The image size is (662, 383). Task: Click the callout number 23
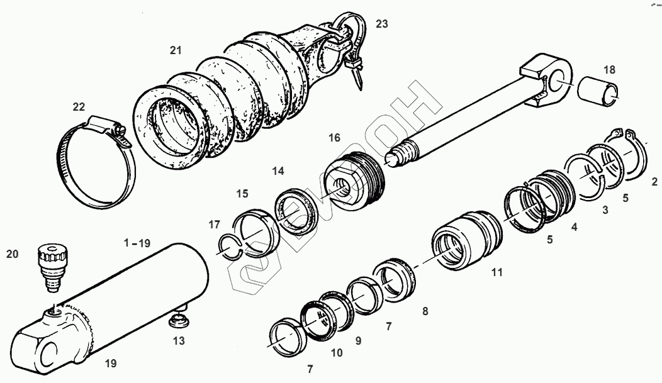tap(382, 24)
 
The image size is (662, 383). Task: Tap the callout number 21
tap(175, 48)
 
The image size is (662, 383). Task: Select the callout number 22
tap(78, 106)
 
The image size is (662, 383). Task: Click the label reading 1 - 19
tap(137, 242)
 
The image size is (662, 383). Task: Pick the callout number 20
tap(12, 253)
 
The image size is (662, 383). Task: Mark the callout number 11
tap(496, 273)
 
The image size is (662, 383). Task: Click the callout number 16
tap(334, 137)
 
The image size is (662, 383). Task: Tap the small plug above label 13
tap(180, 319)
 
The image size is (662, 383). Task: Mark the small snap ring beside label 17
tap(231, 246)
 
